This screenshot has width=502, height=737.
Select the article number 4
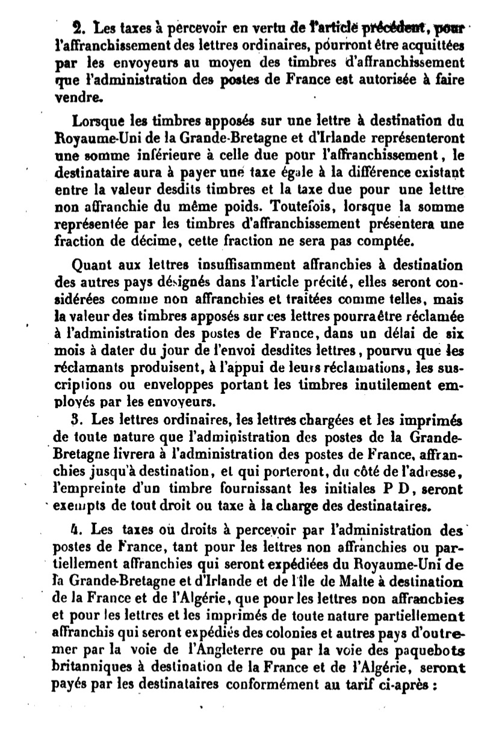coord(75,531)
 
